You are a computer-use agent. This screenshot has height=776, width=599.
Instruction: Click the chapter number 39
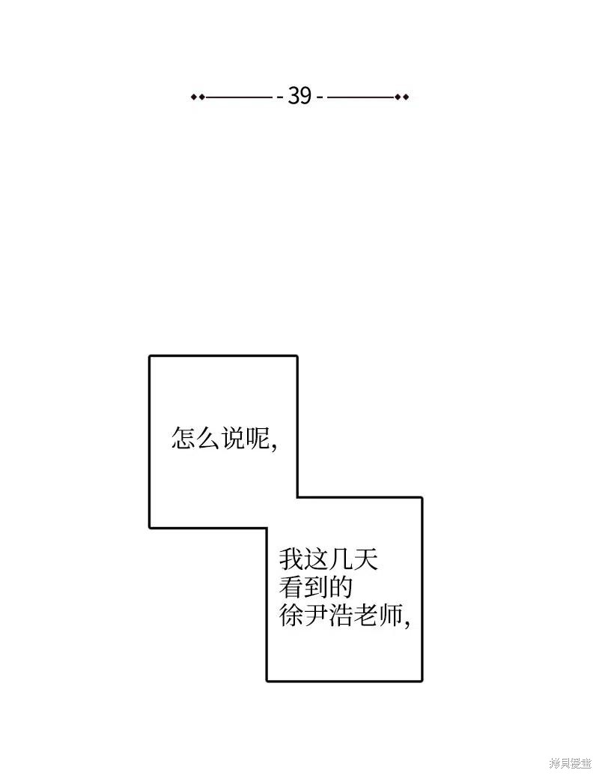(300, 95)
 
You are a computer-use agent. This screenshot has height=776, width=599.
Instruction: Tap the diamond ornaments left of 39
(198, 97)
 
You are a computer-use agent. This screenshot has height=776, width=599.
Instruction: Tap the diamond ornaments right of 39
(402, 97)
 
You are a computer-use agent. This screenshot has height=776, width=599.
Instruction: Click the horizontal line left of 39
(239, 97)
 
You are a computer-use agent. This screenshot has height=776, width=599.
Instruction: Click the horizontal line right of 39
(362, 97)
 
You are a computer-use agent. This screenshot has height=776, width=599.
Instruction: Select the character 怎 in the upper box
(183, 438)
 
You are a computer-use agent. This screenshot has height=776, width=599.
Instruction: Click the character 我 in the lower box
(291, 560)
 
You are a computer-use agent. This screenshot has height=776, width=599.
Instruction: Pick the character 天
(365, 560)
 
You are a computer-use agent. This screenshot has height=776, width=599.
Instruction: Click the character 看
(291, 587)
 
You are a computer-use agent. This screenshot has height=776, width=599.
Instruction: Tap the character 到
(316, 587)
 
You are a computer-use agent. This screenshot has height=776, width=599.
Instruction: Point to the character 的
(341, 587)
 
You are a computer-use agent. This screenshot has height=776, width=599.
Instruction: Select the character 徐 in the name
(291, 615)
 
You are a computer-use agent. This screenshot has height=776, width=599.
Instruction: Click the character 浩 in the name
(341, 615)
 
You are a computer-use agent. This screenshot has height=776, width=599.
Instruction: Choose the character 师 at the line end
(390, 615)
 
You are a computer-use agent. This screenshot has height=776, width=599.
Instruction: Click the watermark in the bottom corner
(571, 763)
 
